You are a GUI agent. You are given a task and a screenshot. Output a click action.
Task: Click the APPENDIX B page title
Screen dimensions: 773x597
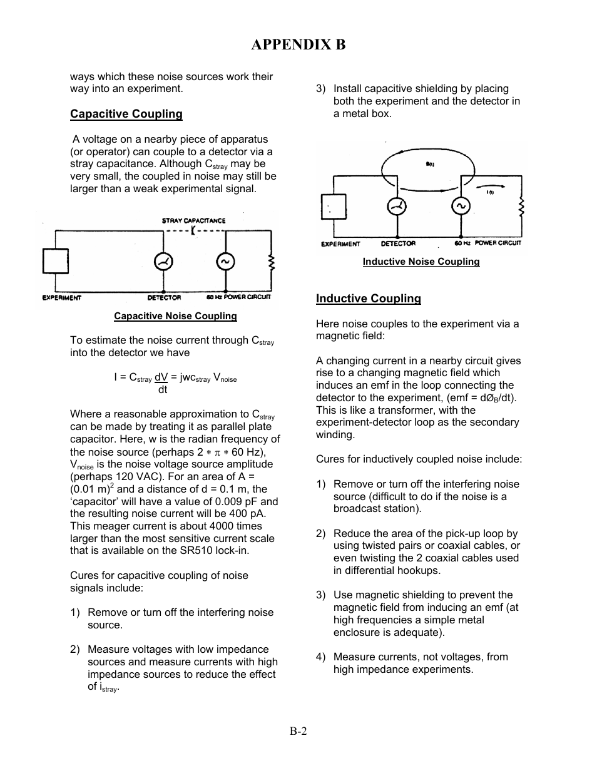[298, 44]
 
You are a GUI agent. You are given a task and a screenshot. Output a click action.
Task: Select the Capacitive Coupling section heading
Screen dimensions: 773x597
[126, 114]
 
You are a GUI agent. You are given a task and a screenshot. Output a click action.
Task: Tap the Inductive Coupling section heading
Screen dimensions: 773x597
[368, 299]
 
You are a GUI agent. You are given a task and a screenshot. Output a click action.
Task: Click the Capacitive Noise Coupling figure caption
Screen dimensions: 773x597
[175, 316]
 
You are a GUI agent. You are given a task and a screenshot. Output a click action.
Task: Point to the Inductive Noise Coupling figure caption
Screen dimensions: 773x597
[421, 262]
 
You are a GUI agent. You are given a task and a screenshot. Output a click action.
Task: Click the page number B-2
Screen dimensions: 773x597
[298, 731]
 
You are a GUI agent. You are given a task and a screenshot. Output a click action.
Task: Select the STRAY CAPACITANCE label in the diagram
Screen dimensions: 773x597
[193, 220]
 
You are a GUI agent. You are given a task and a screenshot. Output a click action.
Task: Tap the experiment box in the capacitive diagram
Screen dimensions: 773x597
[56, 261]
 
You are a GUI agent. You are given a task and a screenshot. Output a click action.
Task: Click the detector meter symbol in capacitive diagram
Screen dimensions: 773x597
[163, 262]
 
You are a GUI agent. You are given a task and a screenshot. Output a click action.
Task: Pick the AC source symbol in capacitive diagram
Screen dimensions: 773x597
[225, 262]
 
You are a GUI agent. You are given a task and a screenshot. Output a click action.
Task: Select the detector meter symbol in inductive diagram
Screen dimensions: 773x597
[396, 206]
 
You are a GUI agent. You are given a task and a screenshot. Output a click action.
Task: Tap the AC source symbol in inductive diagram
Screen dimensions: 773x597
[461, 206]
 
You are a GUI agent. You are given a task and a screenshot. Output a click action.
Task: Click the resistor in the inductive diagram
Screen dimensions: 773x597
[521, 206]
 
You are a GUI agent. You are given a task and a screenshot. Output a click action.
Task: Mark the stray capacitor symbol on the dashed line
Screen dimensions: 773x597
[193, 230]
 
